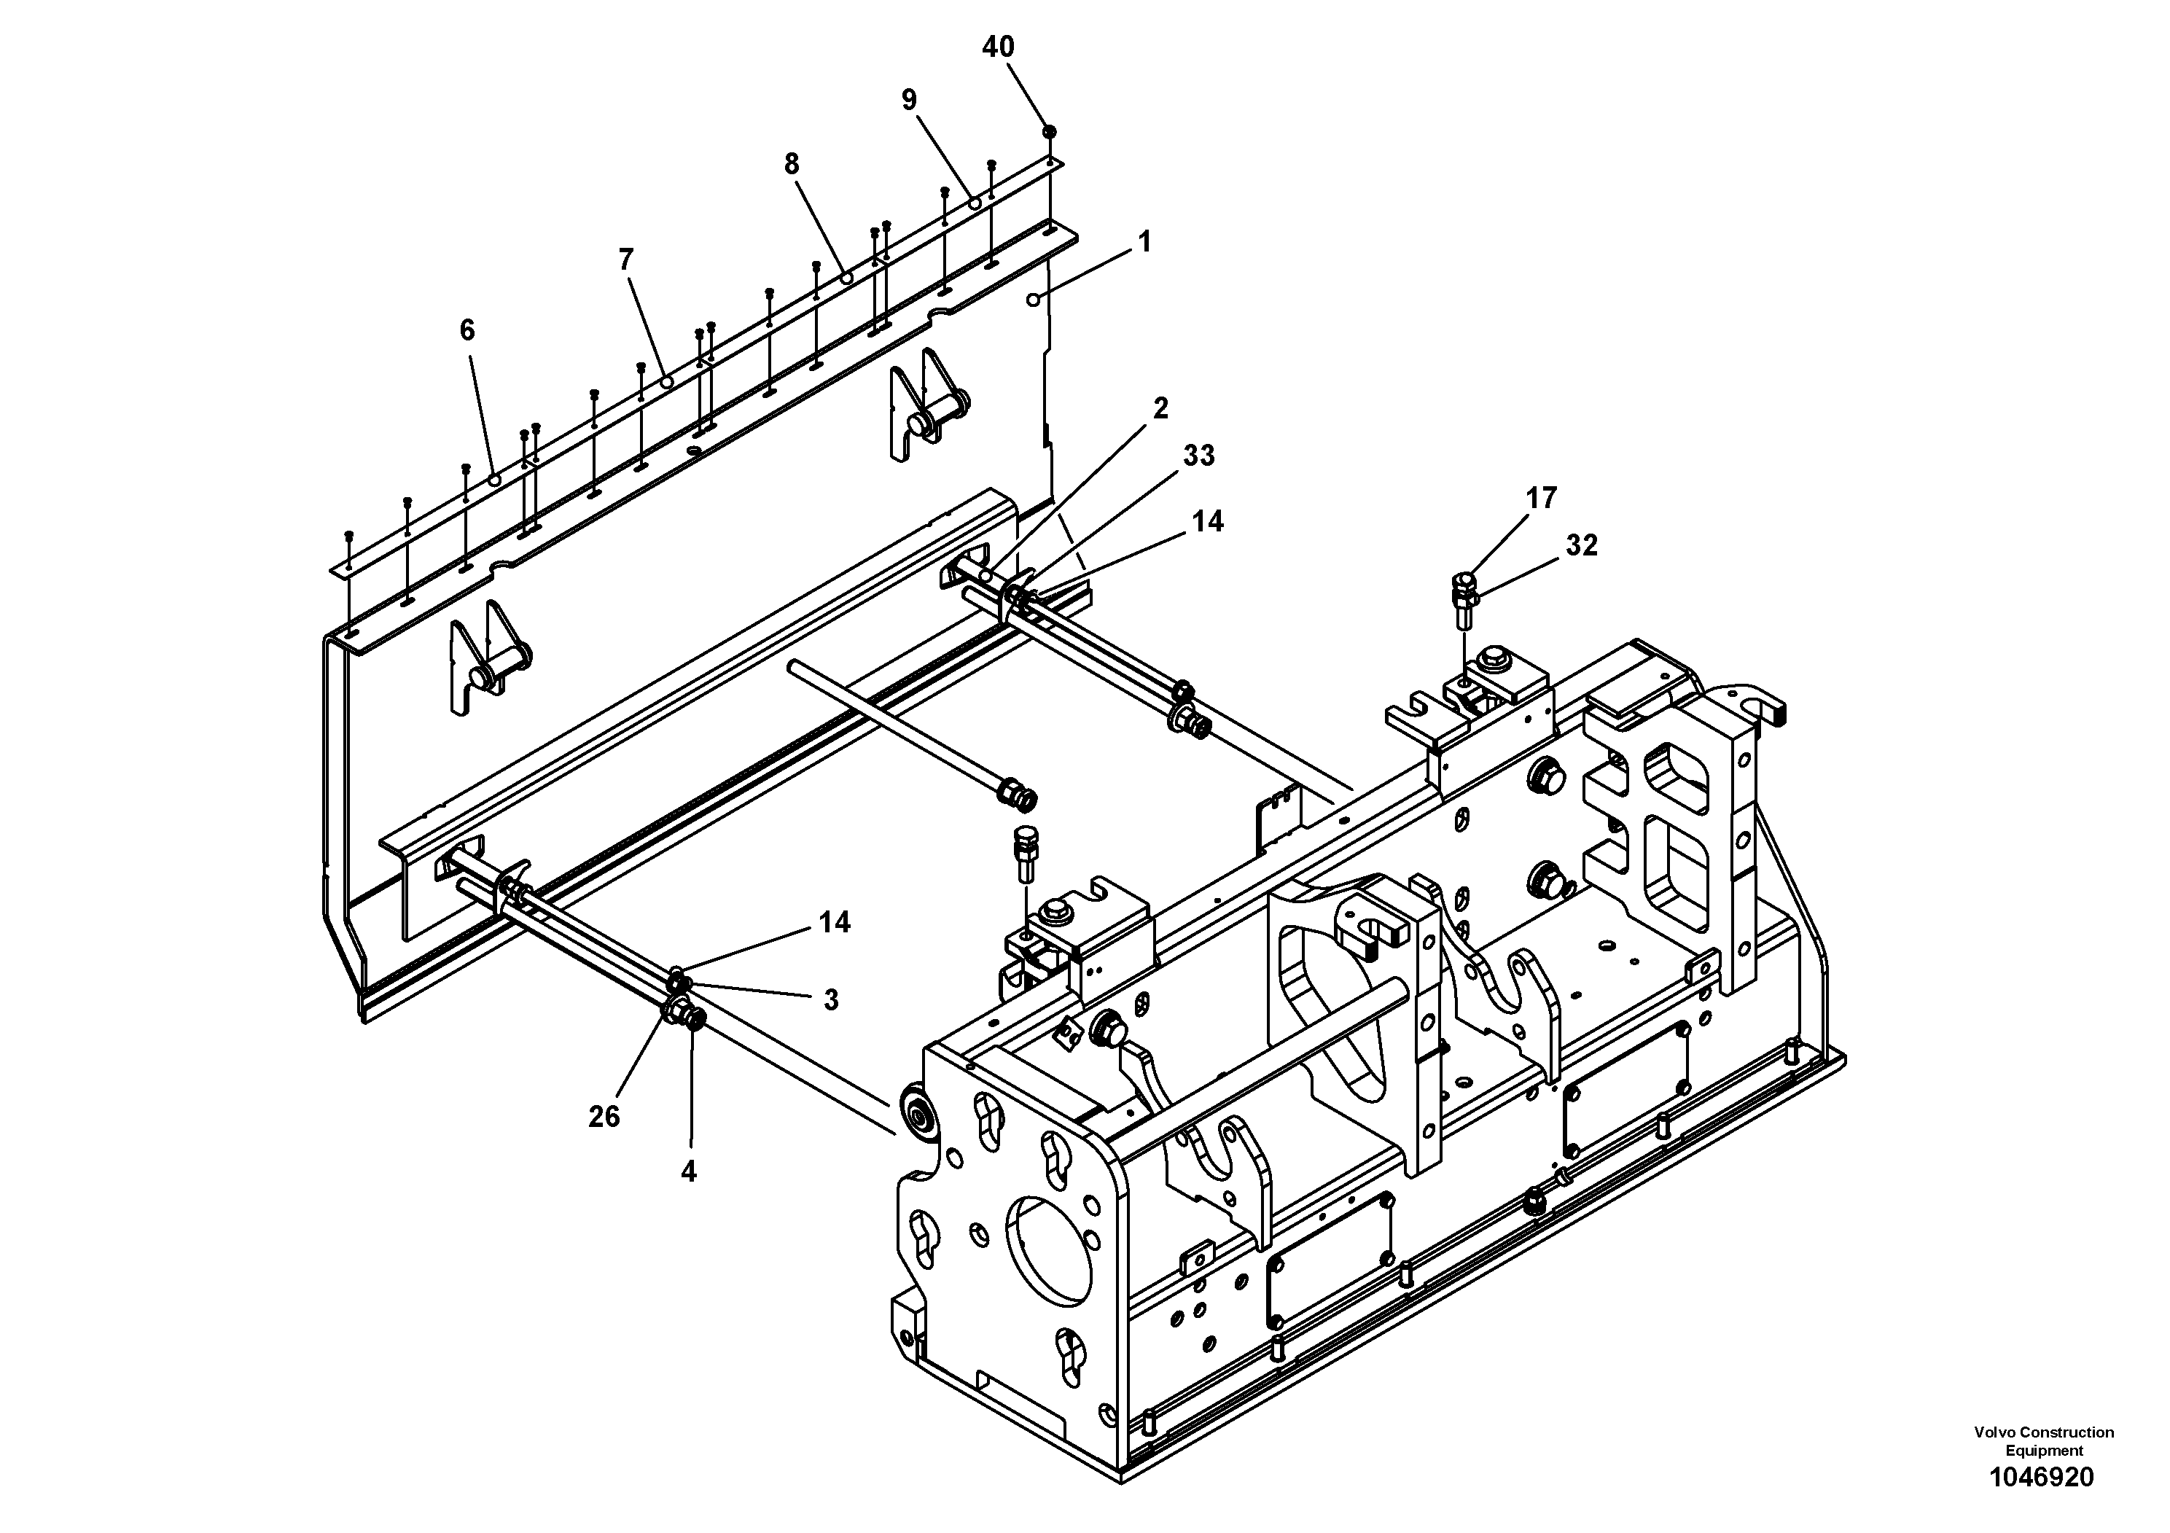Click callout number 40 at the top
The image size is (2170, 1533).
998,47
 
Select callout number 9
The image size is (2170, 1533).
909,100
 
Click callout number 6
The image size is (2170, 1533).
467,329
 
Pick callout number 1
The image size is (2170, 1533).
1144,243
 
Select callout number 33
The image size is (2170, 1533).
1198,456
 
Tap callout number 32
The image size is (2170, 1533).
1581,545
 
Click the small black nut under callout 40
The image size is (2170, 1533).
1048,130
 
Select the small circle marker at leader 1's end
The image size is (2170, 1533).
1033,300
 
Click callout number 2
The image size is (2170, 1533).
1160,408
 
